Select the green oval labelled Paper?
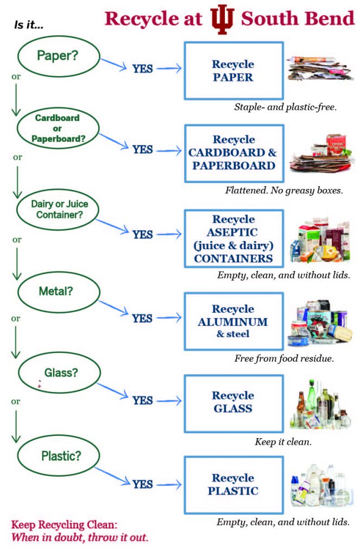pos(60,55)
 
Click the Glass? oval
pos(60,373)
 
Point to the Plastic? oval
pos(60,456)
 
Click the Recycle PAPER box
pos(233,71)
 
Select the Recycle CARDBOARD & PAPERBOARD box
pos(233,153)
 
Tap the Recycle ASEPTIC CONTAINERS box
pos(233,238)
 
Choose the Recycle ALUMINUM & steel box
pos(233,321)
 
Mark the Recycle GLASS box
pos(233,402)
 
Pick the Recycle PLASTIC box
pos(233,484)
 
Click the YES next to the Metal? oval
pos(143,318)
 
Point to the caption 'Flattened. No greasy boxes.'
pos(284,191)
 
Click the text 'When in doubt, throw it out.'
pos(80,538)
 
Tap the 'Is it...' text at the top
pos(30,25)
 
